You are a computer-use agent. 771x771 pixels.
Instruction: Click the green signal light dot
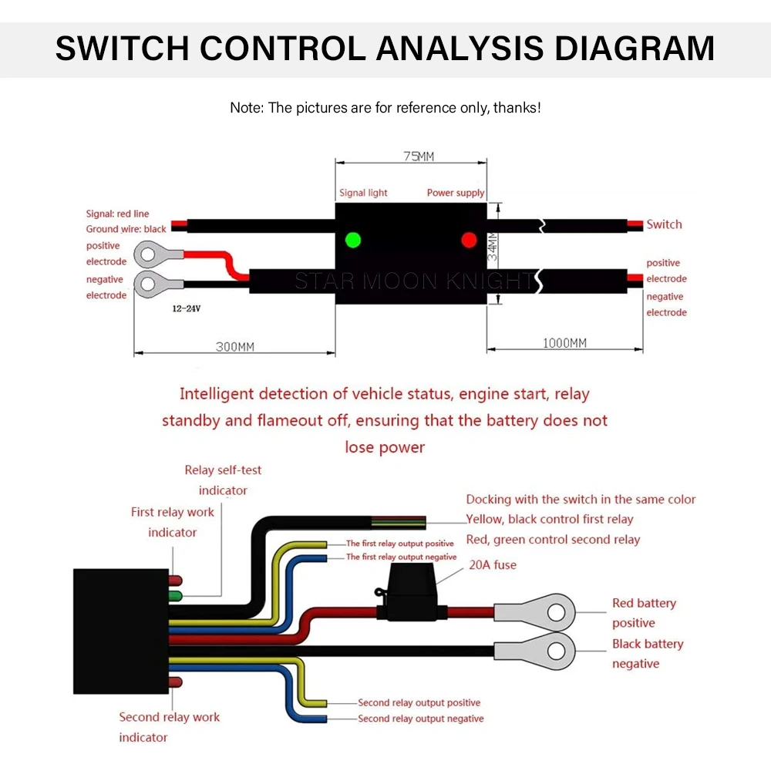tap(353, 240)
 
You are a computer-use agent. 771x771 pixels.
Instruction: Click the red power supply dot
tap(469, 240)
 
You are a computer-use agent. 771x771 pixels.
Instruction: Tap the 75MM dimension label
tap(419, 157)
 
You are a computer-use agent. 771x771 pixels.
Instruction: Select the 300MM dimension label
tap(235, 347)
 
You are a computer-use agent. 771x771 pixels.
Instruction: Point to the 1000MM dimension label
tap(564, 343)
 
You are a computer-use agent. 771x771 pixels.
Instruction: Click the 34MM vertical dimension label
tap(492, 247)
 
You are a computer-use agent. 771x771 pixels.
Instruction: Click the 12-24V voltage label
tap(187, 309)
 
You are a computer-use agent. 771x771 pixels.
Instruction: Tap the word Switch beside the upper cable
tap(664, 224)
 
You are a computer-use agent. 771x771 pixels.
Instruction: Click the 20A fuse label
tap(492, 564)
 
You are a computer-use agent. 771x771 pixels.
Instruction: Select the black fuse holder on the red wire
tap(411, 592)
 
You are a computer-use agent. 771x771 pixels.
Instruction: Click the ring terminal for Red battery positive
tap(535, 613)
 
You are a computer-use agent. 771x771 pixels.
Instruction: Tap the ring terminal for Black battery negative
tap(535, 651)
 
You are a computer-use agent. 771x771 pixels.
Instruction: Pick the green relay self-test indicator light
tap(176, 597)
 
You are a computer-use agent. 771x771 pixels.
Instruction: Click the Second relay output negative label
tap(420, 719)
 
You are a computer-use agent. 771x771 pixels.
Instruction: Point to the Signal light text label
tap(363, 193)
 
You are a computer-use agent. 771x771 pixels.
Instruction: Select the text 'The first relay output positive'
tap(399, 544)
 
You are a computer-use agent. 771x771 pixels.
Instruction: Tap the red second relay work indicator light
tap(176, 682)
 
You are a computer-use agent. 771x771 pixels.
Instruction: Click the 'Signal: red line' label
tap(117, 214)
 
